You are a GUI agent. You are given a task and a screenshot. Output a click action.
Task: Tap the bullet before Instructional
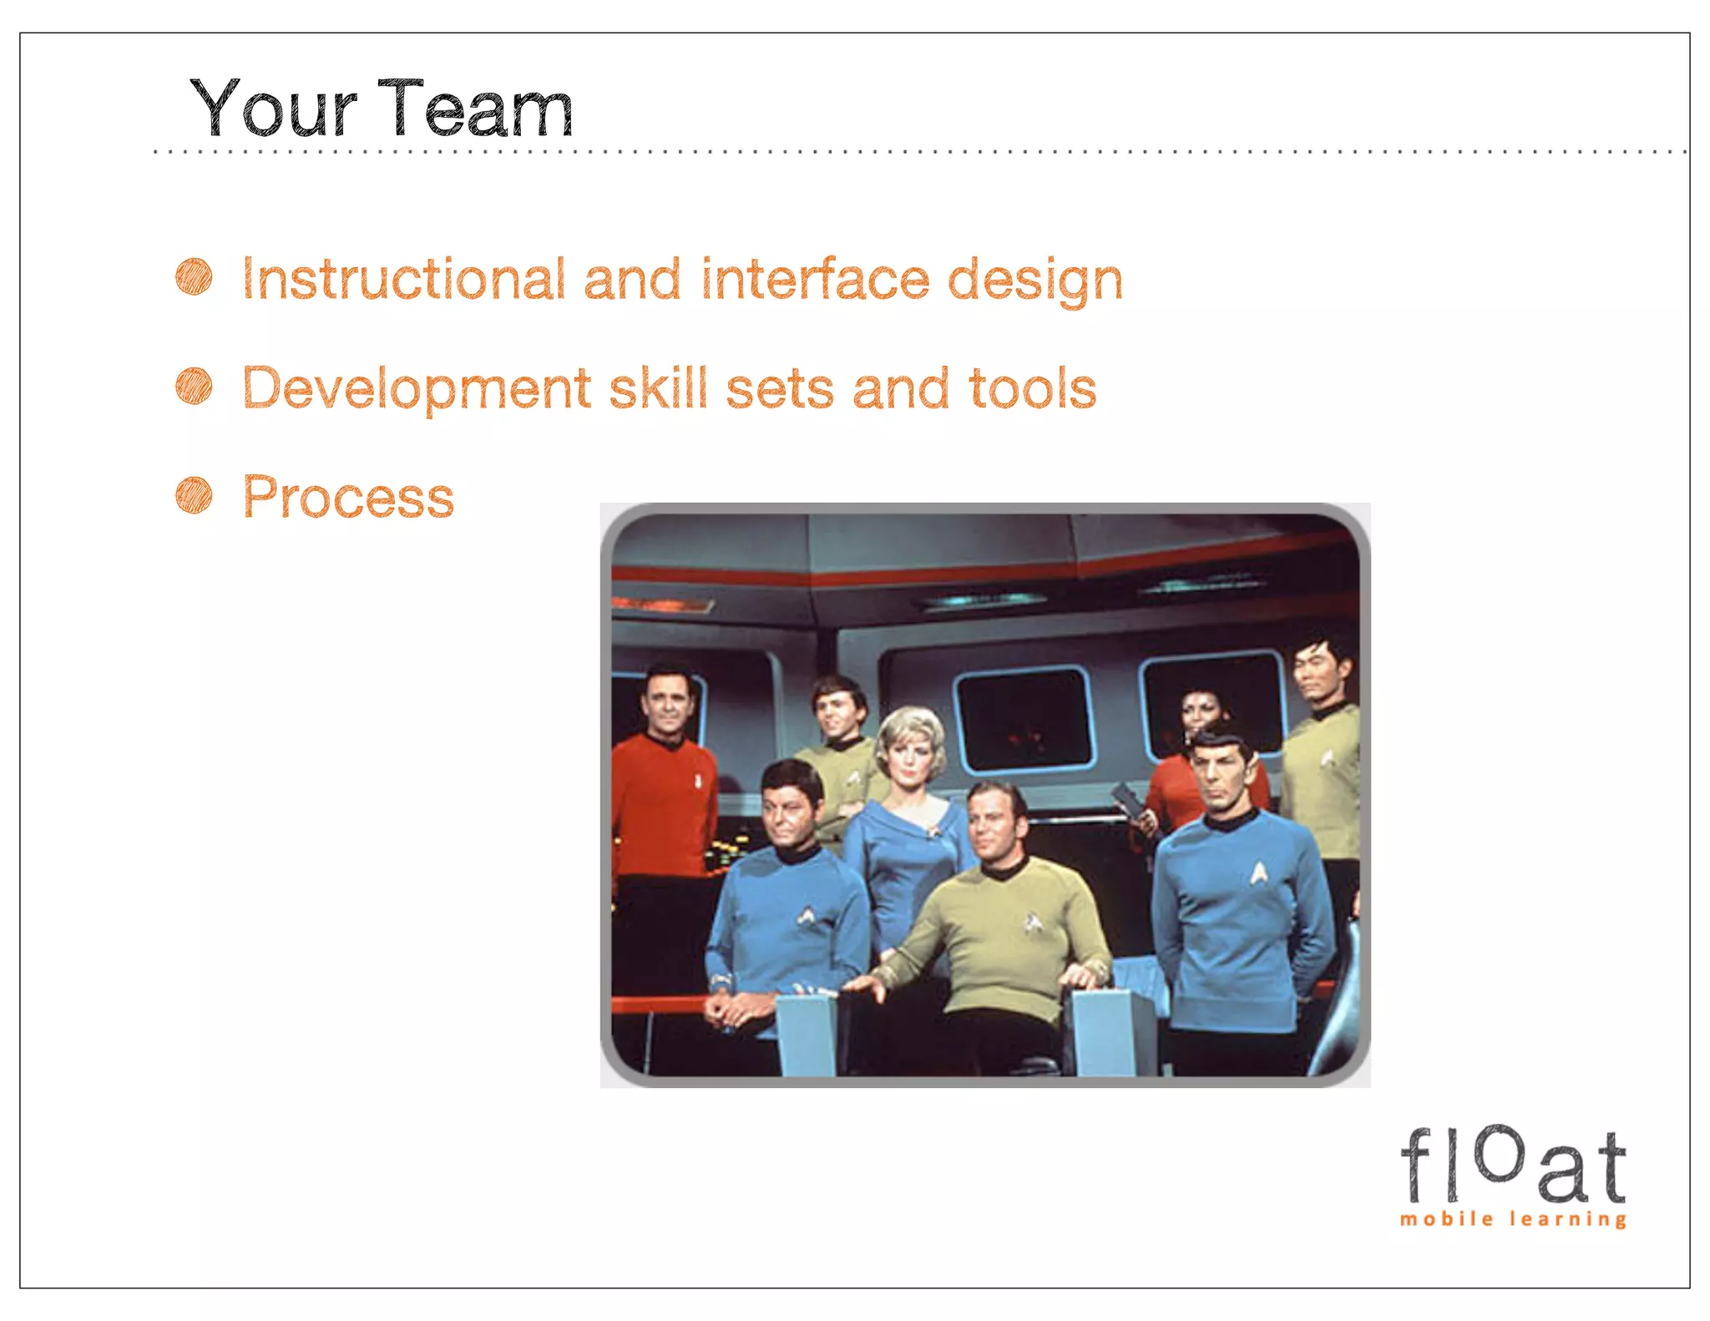click(x=194, y=276)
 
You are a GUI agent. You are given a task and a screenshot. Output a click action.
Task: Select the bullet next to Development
click(x=194, y=386)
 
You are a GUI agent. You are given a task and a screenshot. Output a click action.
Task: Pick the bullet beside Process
click(x=194, y=495)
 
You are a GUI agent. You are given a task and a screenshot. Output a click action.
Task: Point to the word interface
click(x=815, y=279)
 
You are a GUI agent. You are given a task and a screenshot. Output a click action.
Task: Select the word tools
click(x=1032, y=389)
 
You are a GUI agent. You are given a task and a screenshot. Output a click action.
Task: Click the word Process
click(x=348, y=498)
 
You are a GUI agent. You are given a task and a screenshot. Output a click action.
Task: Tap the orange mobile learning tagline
click(x=1513, y=1219)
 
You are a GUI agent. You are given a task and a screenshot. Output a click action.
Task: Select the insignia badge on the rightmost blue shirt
click(x=1258, y=874)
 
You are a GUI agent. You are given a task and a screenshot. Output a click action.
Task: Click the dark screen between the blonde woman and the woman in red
click(x=1024, y=718)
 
